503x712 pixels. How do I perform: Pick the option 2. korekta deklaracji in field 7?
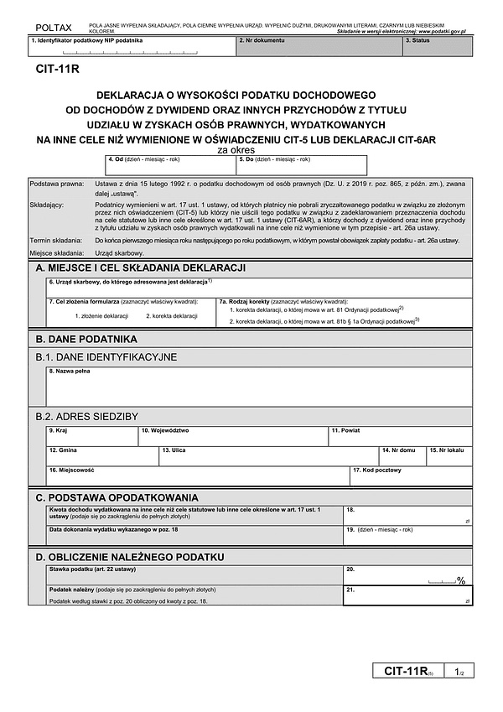(x=172, y=315)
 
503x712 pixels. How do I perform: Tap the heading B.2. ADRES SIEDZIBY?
(x=86, y=415)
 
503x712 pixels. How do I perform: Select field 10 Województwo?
(x=232, y=436)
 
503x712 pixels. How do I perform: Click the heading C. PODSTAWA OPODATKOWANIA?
(x=117, y=497)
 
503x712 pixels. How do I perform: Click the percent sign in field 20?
(x=460, y=579)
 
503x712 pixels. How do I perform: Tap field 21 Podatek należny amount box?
(x=407, y=596)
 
